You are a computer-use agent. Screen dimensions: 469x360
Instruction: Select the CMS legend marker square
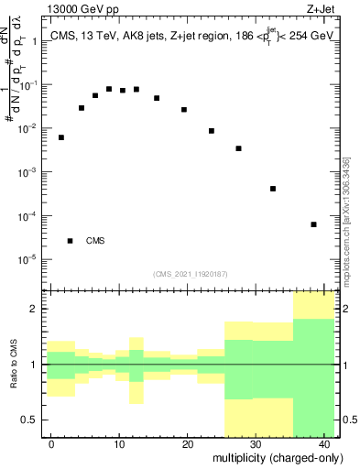coord(71,241)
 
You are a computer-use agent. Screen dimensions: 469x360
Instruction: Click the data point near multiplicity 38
coord(314,224)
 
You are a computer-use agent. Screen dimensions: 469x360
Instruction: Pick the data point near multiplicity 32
coord(273,189)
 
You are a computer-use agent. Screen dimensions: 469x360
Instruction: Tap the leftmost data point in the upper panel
coord(61,137)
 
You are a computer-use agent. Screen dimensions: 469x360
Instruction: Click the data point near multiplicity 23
coord(212,131)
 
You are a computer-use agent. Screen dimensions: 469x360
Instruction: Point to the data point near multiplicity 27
coord(239,148)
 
